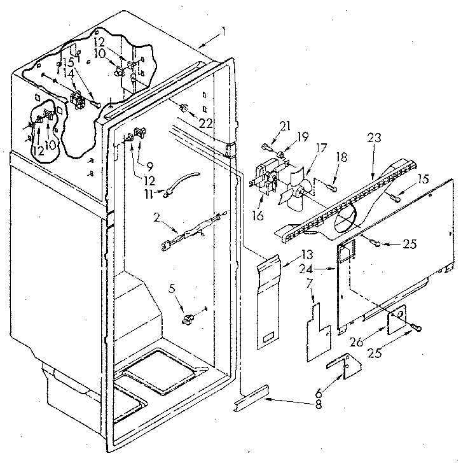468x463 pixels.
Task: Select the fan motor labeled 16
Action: (x=266, y=176)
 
